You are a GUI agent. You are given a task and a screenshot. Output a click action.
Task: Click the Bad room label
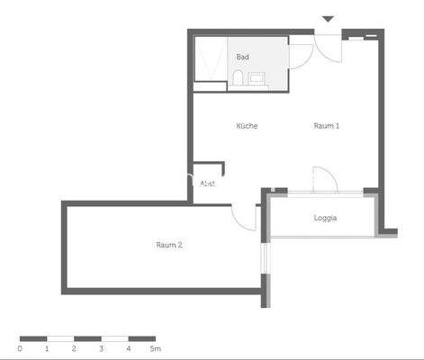(x=242, y=57)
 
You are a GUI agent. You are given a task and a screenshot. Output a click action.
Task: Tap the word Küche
(x=247, y=126)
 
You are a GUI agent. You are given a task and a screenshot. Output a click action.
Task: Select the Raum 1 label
(x=326, y=126)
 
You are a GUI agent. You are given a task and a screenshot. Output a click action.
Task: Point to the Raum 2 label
(x=169, y=245)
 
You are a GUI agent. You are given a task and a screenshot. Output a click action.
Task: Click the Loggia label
(x=325, y=219)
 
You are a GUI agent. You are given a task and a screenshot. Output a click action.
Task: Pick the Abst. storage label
(x=207, y=184)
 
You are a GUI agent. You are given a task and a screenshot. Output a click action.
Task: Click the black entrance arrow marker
(x=328, y=19)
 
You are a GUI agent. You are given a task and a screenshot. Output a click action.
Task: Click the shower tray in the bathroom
(x=211, y=59)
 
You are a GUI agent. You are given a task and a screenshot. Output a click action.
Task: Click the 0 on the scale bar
(x=20, y=347)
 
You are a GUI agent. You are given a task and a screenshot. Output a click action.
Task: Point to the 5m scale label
(x=155, y=347)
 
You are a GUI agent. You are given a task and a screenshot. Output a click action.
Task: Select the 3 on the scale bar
(x=101, y=347)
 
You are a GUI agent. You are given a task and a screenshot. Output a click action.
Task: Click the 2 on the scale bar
(x=74, y=347)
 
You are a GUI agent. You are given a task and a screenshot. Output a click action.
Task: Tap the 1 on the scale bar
(x=47, y=347)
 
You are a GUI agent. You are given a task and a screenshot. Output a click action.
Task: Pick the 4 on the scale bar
(x=128, y=347)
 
